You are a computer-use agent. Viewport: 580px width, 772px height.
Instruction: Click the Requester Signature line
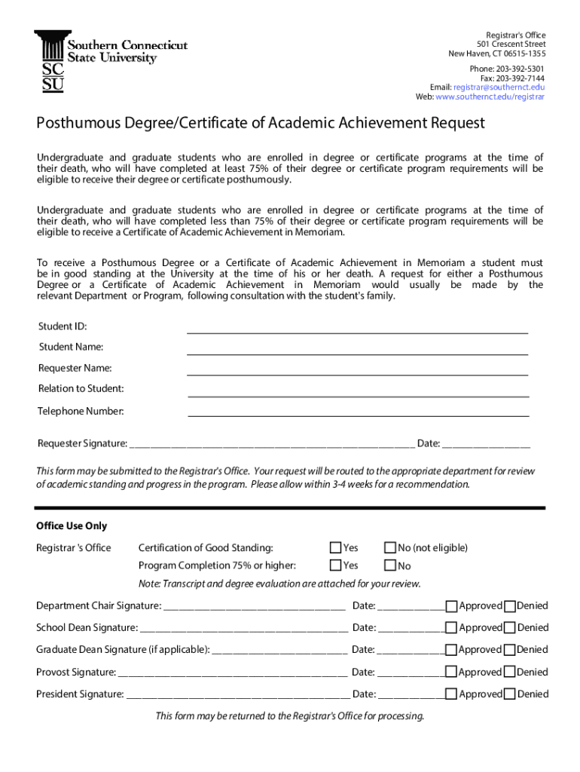(271, 444)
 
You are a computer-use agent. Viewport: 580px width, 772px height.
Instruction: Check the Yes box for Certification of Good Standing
(336, 547)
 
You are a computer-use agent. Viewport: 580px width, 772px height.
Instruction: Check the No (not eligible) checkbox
(390, 547)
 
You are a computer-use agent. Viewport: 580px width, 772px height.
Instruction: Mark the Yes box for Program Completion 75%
(336, 565)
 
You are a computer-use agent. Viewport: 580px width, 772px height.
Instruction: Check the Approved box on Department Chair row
(451, 606)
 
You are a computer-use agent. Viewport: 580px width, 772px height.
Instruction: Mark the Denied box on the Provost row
(510, 672)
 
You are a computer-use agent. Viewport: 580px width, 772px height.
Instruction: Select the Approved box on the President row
(451, 694)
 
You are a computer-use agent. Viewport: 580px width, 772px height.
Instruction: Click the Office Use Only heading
(72, 526)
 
